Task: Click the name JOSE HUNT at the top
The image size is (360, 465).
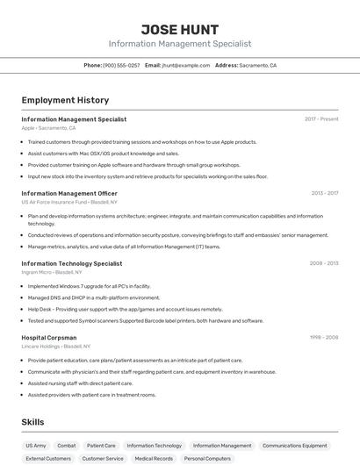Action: tap(179, 29)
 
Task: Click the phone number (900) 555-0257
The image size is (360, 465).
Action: tap(121, 65)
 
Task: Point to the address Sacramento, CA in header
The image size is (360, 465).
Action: tap(257, 65)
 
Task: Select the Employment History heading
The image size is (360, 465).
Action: tap(65, 100)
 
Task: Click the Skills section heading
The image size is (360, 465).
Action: tap(33, 422)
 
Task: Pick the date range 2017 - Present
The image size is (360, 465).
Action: tap(321, 119)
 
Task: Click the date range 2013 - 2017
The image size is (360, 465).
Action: tap(324, 193)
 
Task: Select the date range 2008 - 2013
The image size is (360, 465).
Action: tap(324, 263)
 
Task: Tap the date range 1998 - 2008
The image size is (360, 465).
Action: tap(324, 337)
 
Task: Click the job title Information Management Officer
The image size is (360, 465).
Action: tap(69, 193)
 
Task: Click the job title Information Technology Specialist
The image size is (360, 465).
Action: tap(72, 263)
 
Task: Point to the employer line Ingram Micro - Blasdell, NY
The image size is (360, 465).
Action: tap(59, 273)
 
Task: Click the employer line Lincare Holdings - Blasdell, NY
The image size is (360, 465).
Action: tap(62, 347)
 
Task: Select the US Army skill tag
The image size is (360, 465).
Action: tap(36, 446)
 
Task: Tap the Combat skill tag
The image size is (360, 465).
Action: tap(67, 446)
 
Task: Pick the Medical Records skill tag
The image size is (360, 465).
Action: tap(154, 459)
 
